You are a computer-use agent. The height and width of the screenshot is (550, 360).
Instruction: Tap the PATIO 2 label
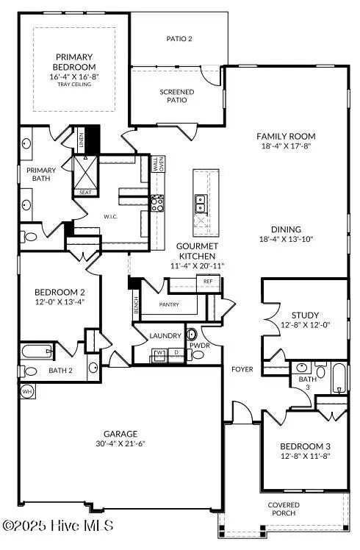pos(179,39)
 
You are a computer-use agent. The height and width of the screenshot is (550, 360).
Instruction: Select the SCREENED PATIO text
pos(177,96)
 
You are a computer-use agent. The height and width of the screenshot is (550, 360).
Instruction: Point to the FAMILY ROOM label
pos(286,136)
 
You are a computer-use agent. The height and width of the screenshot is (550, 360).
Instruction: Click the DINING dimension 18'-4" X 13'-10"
pos(286,239)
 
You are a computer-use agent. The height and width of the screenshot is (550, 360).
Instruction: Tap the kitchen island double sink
pos(201,200)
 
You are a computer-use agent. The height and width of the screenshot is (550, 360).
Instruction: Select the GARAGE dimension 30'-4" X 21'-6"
pos(120,445)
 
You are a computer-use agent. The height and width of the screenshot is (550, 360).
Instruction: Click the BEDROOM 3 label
pos(303,446)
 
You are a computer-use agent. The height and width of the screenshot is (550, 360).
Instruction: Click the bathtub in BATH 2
pos(37,351)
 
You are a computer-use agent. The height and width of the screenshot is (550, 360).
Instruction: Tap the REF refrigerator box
pos(208,282)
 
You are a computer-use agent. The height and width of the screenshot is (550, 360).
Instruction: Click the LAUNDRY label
pos(165,335)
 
